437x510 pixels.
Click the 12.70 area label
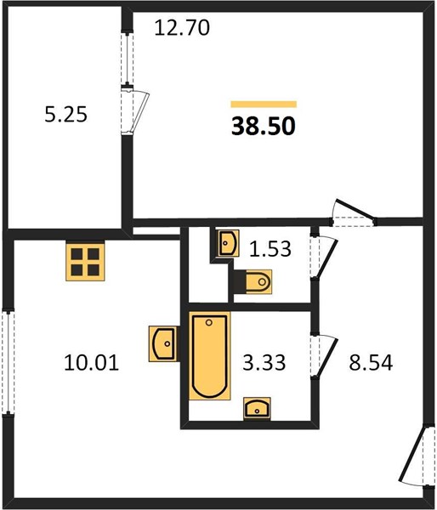[182, 28]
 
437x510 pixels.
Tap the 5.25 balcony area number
[66, 115]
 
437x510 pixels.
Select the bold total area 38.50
[264, 126]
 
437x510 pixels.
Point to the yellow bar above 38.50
[264, 104]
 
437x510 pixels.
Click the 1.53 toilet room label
[270, 249]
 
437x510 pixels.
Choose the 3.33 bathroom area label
[264, 362]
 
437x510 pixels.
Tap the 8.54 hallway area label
[371, 362]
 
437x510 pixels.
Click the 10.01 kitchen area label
[92, 362]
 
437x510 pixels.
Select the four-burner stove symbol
[85, 261]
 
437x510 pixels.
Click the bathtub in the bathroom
[209, 356]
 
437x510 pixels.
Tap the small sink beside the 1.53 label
[228, 243]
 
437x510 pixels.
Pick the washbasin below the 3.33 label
[257, 408]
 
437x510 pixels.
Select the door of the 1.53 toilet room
[323, 257]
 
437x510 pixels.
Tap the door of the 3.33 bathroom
[323, 356]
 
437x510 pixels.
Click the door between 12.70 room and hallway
[353, 213]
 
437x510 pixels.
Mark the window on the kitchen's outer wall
[9, 363]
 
